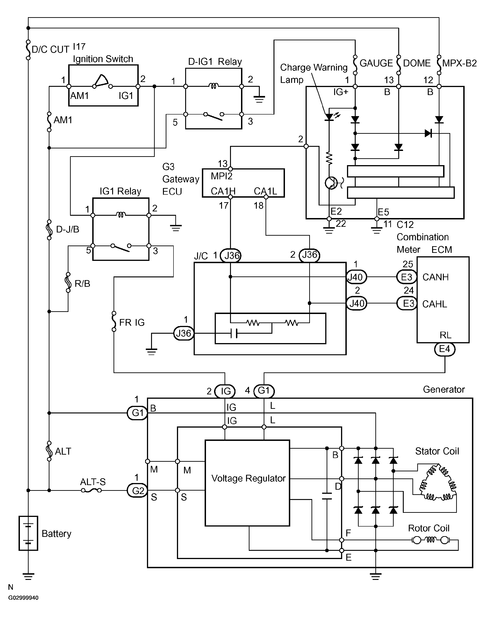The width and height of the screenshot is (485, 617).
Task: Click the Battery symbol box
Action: pos(28,533)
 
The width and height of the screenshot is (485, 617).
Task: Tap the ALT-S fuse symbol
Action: pos(91,490)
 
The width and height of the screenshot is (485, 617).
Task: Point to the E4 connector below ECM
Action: pos(445,349)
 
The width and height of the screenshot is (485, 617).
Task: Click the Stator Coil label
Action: pos(437,451)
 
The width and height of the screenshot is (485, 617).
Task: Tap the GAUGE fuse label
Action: pos(376,63)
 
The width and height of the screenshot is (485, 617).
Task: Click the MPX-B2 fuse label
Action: pos(459,63)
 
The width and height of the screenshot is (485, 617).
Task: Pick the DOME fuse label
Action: pos(417,63)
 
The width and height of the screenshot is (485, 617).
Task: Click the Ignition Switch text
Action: pos(103,59)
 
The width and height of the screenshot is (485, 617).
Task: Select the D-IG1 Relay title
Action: pos(215,62)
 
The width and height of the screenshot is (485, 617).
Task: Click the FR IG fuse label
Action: pos(132,322)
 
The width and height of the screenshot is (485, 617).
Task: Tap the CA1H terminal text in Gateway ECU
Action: pos(223,191)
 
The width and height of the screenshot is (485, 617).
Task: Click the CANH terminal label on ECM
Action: pos(436,277)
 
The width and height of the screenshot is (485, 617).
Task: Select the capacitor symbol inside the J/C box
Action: pos(234,333)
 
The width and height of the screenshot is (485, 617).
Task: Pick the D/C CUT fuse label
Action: pos(51,49)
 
